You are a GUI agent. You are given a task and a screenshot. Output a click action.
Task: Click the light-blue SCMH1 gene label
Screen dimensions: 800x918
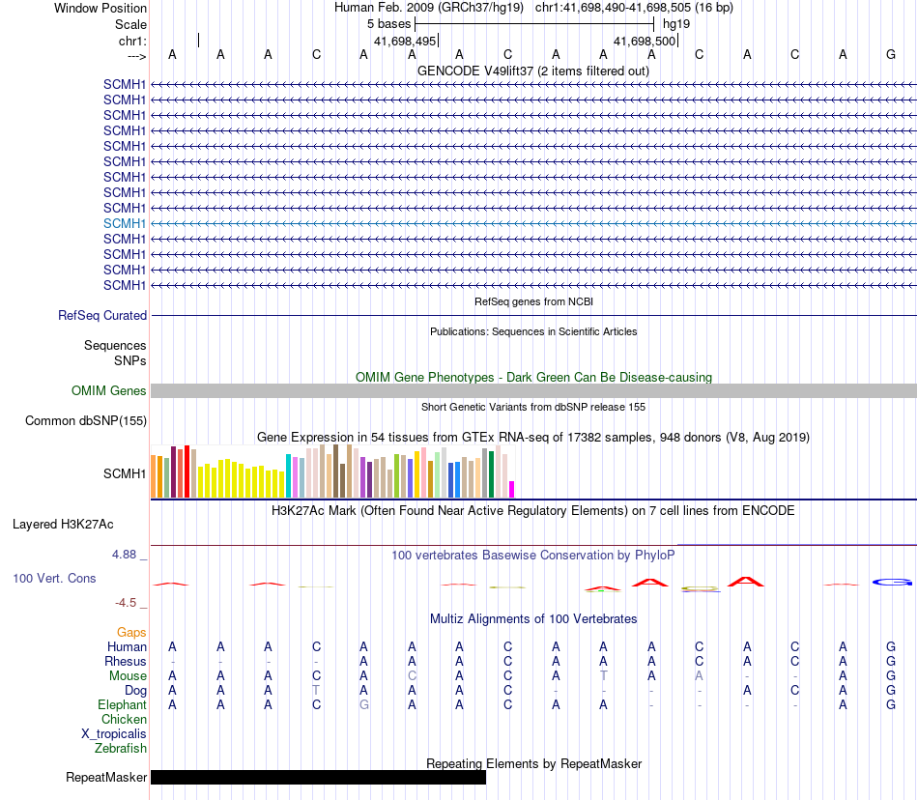tap(125, 223)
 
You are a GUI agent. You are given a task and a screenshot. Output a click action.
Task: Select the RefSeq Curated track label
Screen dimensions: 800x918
tap(102, 315)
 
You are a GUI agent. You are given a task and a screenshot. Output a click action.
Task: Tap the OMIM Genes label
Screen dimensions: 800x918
tap(108, 391)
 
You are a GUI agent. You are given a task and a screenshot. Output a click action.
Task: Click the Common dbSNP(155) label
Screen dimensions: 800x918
tap(86, 420)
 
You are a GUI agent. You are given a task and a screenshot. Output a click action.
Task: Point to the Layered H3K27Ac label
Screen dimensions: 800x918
tap(63, 525)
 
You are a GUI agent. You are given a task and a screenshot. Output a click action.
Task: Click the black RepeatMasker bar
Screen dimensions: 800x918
tap(318, 778)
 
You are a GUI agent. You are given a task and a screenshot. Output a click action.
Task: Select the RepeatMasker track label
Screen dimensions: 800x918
tap(106, 778)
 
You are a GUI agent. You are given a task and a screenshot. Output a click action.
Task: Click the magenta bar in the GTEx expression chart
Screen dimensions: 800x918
tap(512, 489)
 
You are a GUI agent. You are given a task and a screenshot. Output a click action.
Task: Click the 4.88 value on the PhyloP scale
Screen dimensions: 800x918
tap(127, 555)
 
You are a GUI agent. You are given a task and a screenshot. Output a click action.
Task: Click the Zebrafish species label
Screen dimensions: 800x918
tap(120, 748)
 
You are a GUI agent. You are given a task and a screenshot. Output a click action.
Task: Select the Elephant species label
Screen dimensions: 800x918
tap(122, 705)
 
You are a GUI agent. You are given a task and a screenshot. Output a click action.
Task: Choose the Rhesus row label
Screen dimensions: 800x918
tap(126, 661)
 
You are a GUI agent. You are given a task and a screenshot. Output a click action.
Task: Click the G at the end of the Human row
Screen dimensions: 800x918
tap(891, 646)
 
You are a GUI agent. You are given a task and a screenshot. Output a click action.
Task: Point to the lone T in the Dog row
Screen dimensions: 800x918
tap(316, 691)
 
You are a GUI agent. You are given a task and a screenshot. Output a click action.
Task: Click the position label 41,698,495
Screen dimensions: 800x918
tap(405, 42)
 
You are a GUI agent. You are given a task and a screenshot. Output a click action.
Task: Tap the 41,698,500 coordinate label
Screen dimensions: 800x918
tap(645, 42)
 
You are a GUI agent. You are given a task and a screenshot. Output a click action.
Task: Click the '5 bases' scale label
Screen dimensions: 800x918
tap(388, 23)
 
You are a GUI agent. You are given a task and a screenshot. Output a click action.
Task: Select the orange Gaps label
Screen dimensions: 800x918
tap(131, 632)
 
